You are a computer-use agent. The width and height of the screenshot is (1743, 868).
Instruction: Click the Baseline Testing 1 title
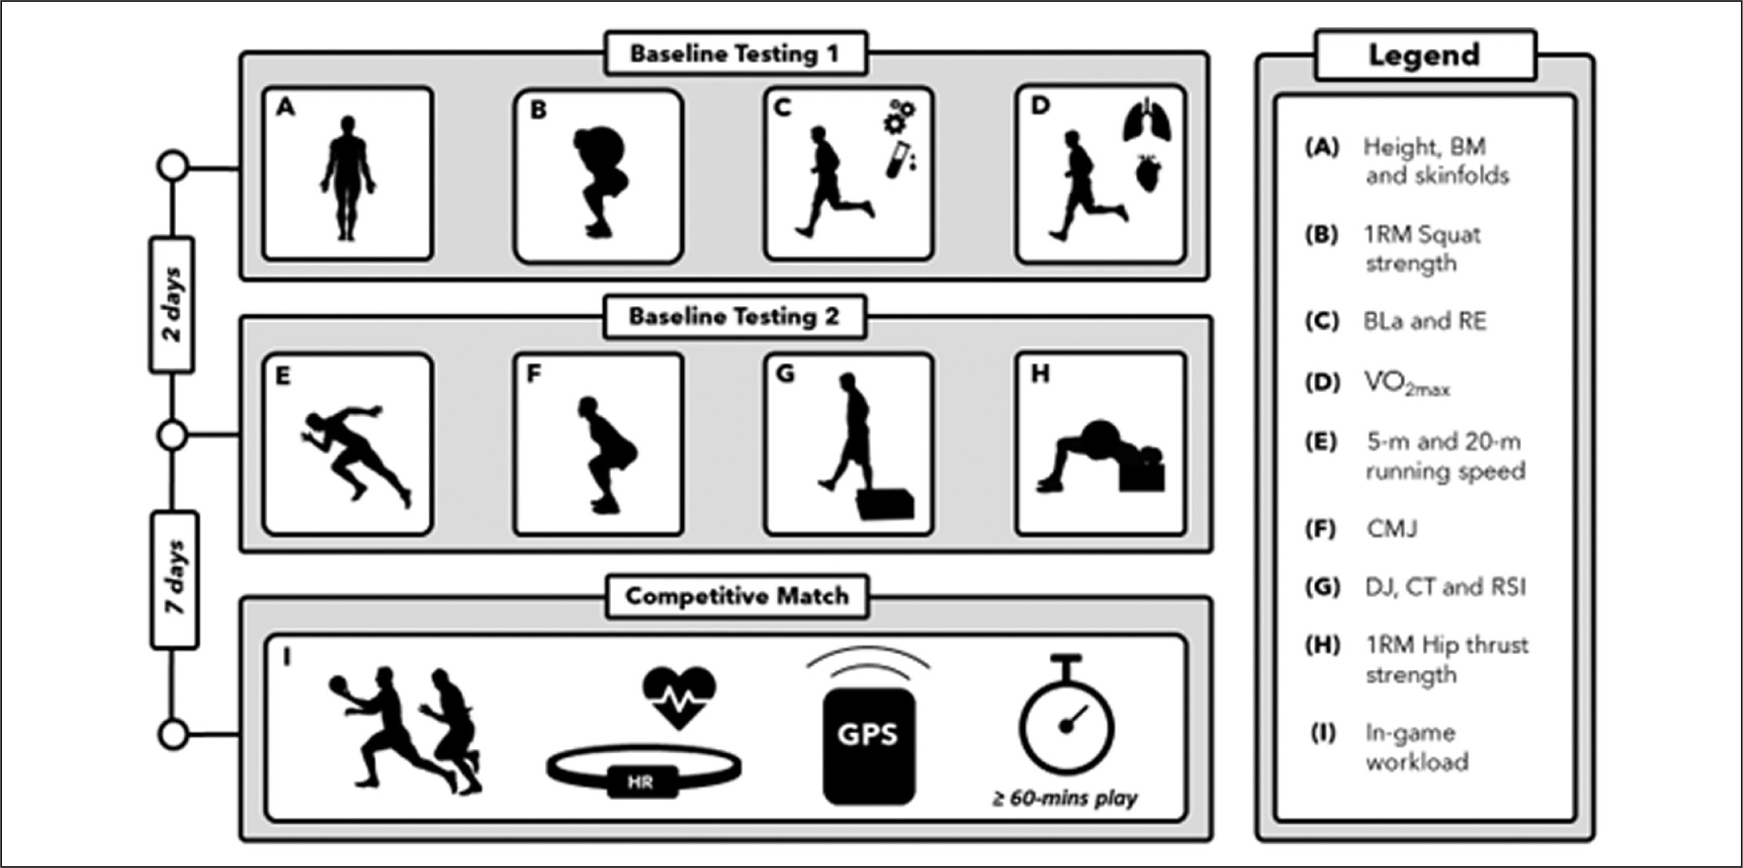[x=735, y=53]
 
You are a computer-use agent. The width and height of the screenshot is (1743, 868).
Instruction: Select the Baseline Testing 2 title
[x=734, y=316]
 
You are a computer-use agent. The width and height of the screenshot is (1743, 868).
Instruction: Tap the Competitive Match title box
[x=737, y=596]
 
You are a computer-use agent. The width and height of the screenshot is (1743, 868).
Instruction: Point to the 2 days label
[x=173, y=304]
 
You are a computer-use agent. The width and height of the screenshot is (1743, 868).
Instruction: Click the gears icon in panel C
[x=899, y=116]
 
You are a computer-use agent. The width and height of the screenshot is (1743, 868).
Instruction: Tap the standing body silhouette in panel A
[x=348, y=178]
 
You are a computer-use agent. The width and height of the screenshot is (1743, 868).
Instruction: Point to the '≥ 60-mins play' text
[x=1065, y=798]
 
